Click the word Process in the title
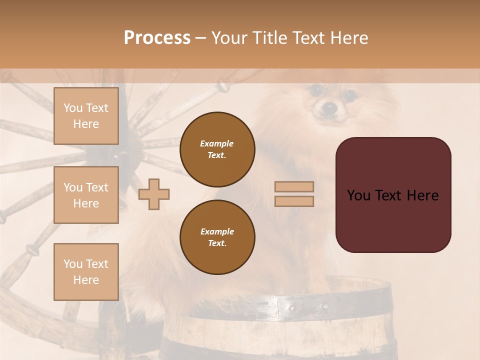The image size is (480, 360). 157,37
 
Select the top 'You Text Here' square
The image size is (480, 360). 86,116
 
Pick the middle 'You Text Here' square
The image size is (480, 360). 86,195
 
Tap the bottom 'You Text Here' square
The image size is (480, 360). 86,271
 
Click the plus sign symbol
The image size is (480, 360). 154,194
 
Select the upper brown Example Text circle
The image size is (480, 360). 217,149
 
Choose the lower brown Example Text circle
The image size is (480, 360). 217,237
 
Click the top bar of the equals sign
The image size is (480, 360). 294,186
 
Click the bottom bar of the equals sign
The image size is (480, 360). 294,201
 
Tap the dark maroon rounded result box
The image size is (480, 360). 393,195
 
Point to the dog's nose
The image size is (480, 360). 328,106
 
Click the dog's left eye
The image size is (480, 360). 315,90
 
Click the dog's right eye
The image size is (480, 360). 349,93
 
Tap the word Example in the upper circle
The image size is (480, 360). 217,143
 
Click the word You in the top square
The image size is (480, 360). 73,108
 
